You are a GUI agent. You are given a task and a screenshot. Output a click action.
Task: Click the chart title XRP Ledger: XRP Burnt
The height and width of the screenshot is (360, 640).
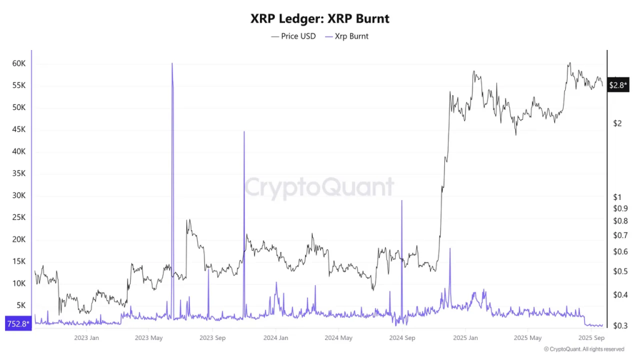pyautogui.click(x=319, y=19)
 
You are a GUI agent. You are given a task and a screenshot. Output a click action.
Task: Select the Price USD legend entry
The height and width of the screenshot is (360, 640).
pyautogui.click(x=294, y=36)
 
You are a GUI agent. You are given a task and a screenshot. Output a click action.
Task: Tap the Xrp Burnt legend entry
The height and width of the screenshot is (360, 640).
pyautogui.click(x=347, y=36)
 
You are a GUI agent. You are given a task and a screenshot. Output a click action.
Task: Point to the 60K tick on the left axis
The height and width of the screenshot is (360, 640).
pyautogui.click(x=18, y=64)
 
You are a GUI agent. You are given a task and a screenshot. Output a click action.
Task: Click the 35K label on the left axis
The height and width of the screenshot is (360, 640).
pyautogui.click(x=18, y=174)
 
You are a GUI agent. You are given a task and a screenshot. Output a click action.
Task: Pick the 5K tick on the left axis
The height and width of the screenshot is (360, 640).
pyautogui.click(x=21, y=306)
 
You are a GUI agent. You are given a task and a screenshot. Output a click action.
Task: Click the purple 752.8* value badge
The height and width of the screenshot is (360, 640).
pyautogui.click(x=17, y=324)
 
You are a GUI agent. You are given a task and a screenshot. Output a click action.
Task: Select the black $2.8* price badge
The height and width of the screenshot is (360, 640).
pyautogui.click(x=617, y=85)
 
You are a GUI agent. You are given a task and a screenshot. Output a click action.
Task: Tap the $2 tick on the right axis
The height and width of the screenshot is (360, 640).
pyautogui.click(x=617, y=123)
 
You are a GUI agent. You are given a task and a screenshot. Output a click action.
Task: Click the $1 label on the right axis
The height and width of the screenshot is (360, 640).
pyautogui.click(x=617, y=197)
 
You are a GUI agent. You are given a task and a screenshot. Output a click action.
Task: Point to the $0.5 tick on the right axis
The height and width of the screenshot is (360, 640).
pyautogui.click(x=620, y=272)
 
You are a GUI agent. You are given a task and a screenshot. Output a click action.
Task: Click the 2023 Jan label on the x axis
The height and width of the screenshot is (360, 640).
pyautogui.click(x=86, y=338)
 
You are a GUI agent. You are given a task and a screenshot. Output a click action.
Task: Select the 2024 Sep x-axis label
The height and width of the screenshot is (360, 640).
pyautogui.click(x=402, y=338)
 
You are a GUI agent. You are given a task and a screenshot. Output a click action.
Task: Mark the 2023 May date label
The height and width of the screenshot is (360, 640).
pyautogui.click(x=149, y=338)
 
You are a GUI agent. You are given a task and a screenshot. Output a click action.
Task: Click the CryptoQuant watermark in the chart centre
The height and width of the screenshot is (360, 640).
pyautogui.click(x=319, y=187)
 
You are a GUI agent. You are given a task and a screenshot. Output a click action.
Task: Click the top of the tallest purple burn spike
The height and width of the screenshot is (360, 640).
pyautogui.click(x=172, y=63)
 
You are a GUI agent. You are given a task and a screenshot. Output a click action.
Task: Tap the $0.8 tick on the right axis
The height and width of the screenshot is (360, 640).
pyautogui.click(x=620, y=221)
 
